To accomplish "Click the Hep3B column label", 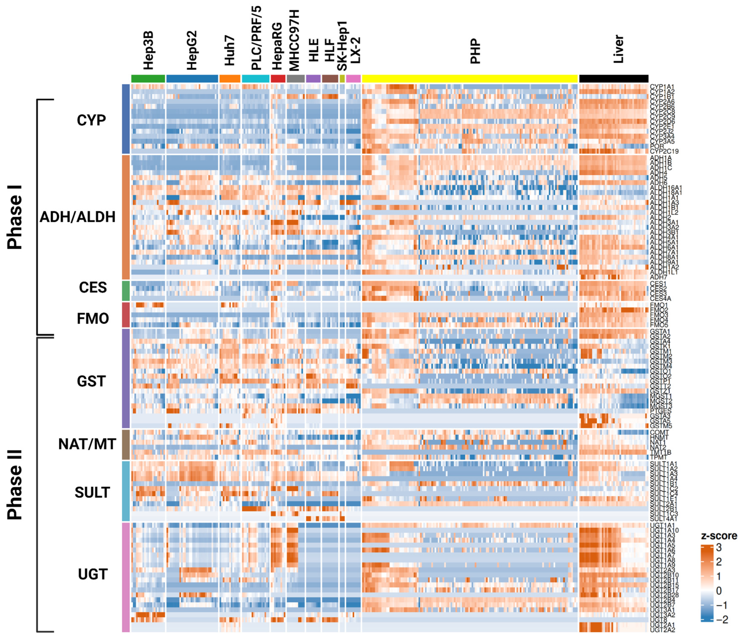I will [148, 50].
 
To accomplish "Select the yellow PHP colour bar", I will [470, 78].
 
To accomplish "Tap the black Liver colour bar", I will [613, 78].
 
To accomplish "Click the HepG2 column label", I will [192, 50].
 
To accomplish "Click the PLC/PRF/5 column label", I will [256, 38].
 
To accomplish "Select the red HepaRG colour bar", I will [278, 78].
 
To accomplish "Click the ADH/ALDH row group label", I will [77, 217].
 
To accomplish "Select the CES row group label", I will [93, 288].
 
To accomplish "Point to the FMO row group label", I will [93, 318].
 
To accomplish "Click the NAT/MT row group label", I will [87, 444].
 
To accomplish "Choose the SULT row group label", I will [92, 493].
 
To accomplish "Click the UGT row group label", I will [93, 574].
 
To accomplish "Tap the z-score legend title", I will [719, 536].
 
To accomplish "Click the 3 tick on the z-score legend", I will [719, 548].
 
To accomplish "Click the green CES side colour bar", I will [126, 290].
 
